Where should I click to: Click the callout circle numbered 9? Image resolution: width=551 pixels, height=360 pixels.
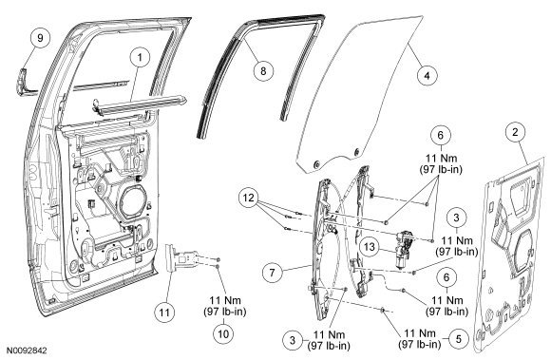click(x=40, y=38)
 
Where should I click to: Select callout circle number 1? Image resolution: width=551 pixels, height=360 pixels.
click(x=140, y=57)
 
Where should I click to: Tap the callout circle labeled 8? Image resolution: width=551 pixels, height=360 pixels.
click(x=263, y=71)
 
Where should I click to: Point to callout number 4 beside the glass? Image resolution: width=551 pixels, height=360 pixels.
click(x=427, y=75)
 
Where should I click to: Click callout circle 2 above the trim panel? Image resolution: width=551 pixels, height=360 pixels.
click(x=515, y=132)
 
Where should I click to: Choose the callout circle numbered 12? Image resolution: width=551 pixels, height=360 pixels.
click(x=249, y=199)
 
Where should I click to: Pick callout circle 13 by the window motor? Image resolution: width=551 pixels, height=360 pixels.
click(x=370, y=247)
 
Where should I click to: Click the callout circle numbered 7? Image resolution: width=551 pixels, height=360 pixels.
click(x=273, y=273)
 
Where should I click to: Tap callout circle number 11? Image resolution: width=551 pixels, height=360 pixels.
click(x=164, y=313)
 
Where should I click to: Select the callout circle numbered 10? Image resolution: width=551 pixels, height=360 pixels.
click(x=223, y=333)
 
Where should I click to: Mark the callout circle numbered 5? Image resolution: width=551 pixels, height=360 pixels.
click(x=459, y=339)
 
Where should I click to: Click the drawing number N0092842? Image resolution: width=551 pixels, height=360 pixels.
click(x=27, y=351)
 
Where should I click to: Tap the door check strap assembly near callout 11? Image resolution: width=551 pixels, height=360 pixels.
click(x=183, y=258)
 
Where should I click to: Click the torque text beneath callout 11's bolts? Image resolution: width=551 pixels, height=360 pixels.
click(x=225, y=306)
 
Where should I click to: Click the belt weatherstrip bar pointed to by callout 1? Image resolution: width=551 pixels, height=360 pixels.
click(x=141, y=104)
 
